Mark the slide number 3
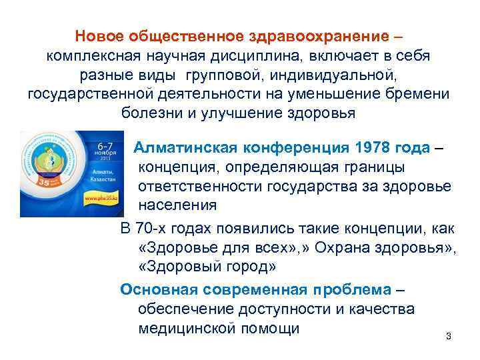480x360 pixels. tap(448, 336)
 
